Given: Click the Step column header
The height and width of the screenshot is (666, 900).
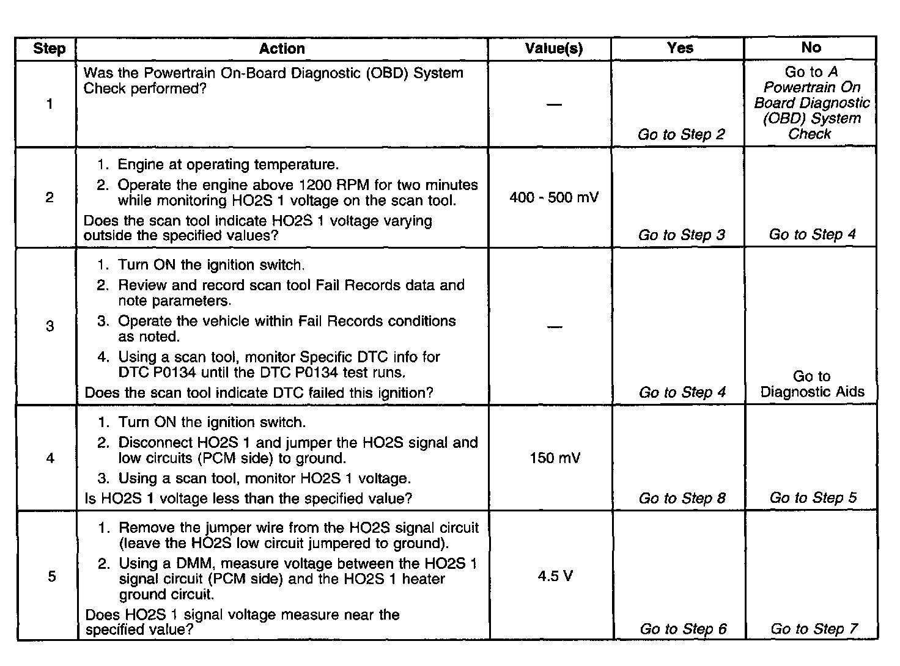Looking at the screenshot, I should coord(49,49).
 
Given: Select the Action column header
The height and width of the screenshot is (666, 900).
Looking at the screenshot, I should coord(282,49).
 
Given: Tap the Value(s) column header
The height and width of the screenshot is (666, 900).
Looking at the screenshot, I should coord(554,49).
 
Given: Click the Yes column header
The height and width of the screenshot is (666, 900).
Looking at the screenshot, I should coord(680,48).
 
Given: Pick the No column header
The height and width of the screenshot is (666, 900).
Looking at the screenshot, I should coord(811,48).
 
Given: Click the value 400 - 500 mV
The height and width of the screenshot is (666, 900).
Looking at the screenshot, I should coord(554,197).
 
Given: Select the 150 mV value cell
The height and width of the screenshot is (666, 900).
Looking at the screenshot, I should coord(555,458).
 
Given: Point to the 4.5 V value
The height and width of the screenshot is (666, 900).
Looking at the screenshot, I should coord(555,576).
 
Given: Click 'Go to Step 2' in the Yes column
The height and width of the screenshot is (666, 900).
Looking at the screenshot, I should coord(681,134).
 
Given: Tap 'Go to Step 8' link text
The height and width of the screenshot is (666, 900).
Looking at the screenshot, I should coord(682,498).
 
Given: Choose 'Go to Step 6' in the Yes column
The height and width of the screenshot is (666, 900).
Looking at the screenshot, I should coord(683,629).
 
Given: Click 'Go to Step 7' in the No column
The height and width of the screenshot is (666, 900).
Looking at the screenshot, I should coord(814,629).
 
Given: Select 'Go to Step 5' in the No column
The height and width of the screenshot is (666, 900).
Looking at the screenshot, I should coord(813,498).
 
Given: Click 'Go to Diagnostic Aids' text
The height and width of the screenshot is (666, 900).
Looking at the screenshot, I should coord(812,384).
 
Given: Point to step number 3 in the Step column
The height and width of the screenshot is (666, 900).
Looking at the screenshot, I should coord(50,326).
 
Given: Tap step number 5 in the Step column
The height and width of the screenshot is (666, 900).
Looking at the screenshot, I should coord(51,576).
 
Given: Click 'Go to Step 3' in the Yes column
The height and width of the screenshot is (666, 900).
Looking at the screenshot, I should coord(682,235).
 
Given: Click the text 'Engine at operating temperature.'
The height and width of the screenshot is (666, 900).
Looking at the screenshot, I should coord(227,164).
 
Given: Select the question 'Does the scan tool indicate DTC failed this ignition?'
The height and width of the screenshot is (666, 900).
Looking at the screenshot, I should coord(259,392).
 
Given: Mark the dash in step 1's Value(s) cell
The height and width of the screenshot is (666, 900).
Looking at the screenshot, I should coord(554,104).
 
